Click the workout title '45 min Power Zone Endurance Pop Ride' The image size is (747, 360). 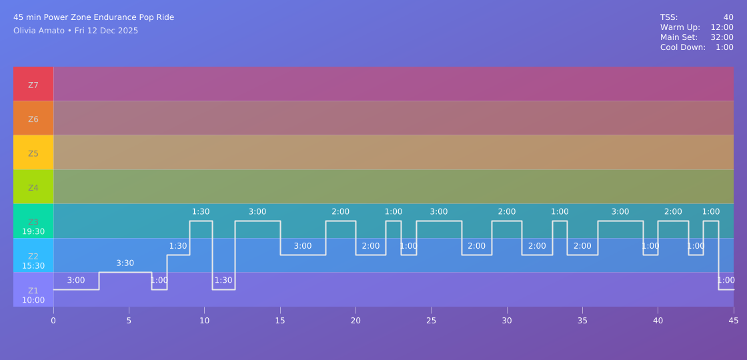click(x=93, y=17)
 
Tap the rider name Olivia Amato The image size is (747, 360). click(x=39, y=31)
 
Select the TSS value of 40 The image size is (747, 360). click(x=728, y=17)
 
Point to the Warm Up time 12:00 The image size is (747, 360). click(x=722, y=27)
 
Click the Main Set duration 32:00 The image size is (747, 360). click(x=722, y=37)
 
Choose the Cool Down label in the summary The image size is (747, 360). click(x=682, y=47)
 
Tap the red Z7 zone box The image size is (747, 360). click(x=33, y=84)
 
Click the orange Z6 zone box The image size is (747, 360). click(x=33, y=119)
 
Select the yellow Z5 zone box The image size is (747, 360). click(x=33, y=153)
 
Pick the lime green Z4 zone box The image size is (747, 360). click(x=33, y=187)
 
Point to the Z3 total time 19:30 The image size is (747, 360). click(x=33, y=232)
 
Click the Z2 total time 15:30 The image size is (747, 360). click(x=33, y=265)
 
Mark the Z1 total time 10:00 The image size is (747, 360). click(x=33, y=300)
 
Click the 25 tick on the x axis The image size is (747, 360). click(x=431, y=321)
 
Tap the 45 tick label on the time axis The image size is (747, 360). click(x=734, y=321)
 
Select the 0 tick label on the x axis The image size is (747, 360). click(x=53, y=321)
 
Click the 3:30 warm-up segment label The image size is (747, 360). click(x=125, y=263)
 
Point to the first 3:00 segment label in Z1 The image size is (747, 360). click(x=76, y=281)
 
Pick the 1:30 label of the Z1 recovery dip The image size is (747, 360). click(x=223, y=281)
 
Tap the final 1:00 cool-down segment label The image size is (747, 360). click(x=726, y=281)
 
